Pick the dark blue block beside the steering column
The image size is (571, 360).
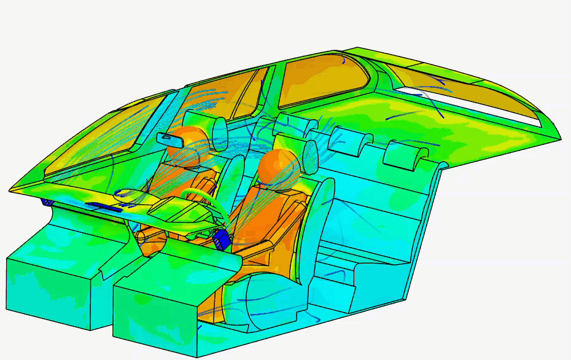tap(222, 238)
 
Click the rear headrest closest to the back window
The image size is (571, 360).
tap(405, 154)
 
